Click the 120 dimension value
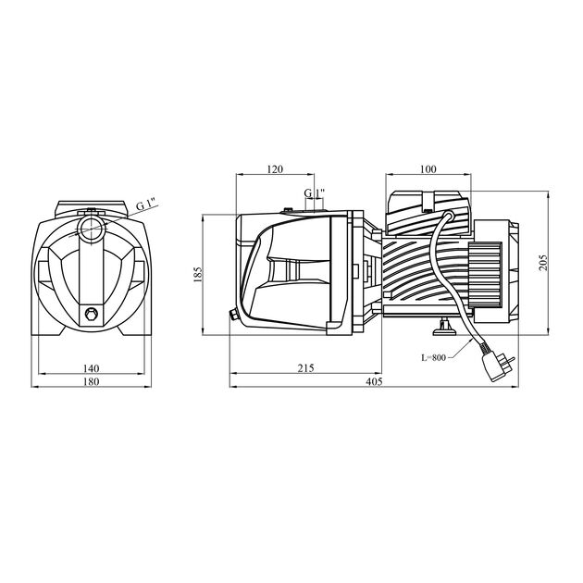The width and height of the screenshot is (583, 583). tap(274, 169)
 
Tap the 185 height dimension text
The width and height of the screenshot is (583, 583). tap(197, 276)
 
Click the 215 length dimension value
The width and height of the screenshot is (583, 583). tap(305, 367)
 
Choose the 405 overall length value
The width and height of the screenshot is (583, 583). tap(374, 380)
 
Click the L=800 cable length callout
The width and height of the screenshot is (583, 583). tap(432, 356)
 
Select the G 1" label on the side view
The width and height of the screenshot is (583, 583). tap(316, 193)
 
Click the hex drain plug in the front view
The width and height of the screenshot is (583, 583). tap(91, 313)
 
